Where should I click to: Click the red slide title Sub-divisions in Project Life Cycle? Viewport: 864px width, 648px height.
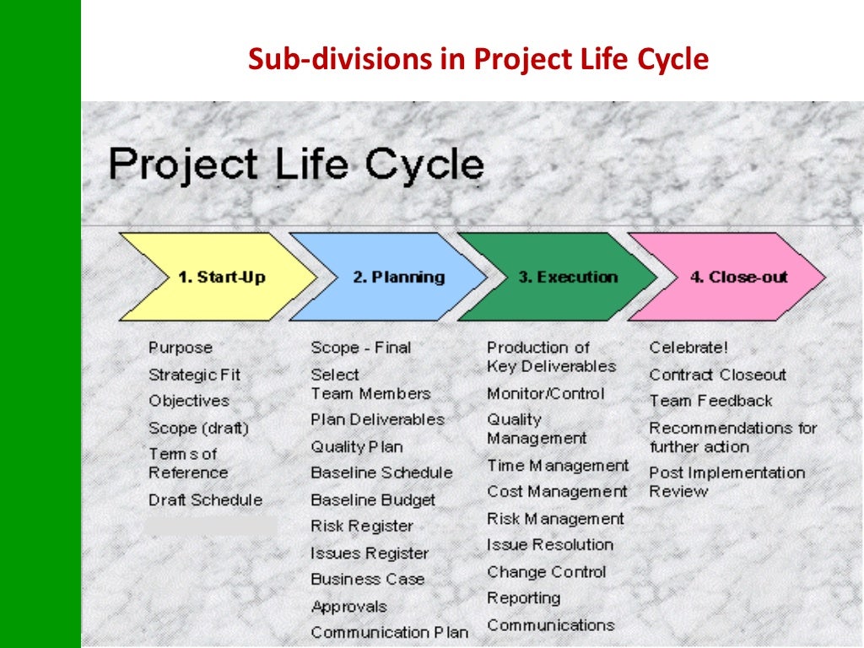pyautogui.click(x=478, y=60)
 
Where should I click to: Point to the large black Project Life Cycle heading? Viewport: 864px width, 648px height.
pyautogui.click(x=296, y=164)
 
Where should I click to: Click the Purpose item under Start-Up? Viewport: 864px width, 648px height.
pyautogui.click(x=181, y=348)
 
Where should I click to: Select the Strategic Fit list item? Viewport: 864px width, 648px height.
pyautogui.click(x=194, y=375)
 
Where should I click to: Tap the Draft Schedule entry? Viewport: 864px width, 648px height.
pyautogui.click(x=205, y=500)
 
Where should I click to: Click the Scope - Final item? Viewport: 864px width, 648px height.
pyautogui.click(x=360, y=348)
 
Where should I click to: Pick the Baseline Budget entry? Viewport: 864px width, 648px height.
pyautogui.click(x=373, y=500)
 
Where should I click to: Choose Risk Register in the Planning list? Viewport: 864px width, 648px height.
pyautogui.click(x=361, y=526)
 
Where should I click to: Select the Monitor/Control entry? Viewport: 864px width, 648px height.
pyautogui.click(x=545, y=394)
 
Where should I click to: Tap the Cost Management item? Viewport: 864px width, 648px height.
pyautogui.click(x=557, y=492)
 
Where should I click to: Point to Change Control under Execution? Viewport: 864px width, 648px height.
pyautogui.click(x=546, y=572)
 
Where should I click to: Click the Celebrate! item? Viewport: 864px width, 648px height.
pyautogui.click(x=688, y=348)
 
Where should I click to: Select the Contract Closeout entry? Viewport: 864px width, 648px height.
pyautogui.click(x=717, y=375)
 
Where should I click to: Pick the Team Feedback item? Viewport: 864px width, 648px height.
pyautogui.click(x=710, y=401)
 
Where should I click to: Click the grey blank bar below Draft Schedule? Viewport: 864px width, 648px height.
pyautogui.click(x=210, y=526)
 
